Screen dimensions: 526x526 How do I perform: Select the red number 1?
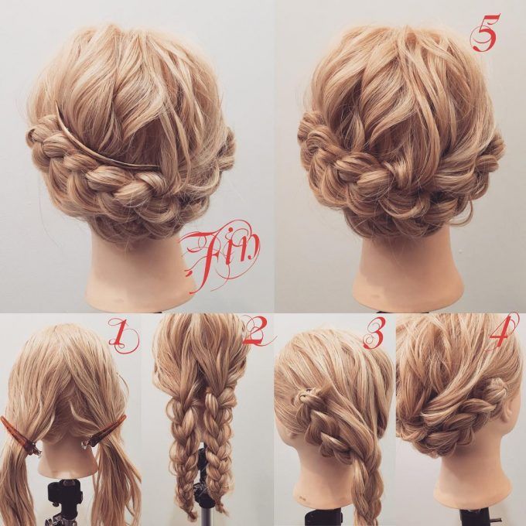[123, 333]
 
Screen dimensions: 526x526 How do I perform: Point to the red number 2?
[258, 331]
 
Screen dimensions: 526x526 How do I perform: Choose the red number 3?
[375, 334]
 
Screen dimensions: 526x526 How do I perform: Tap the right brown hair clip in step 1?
[104, 432]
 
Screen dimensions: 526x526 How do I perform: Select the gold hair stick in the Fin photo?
[107, 142]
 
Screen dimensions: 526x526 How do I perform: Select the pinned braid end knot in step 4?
[496, 389]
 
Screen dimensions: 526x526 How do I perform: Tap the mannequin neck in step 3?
[322, 487]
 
